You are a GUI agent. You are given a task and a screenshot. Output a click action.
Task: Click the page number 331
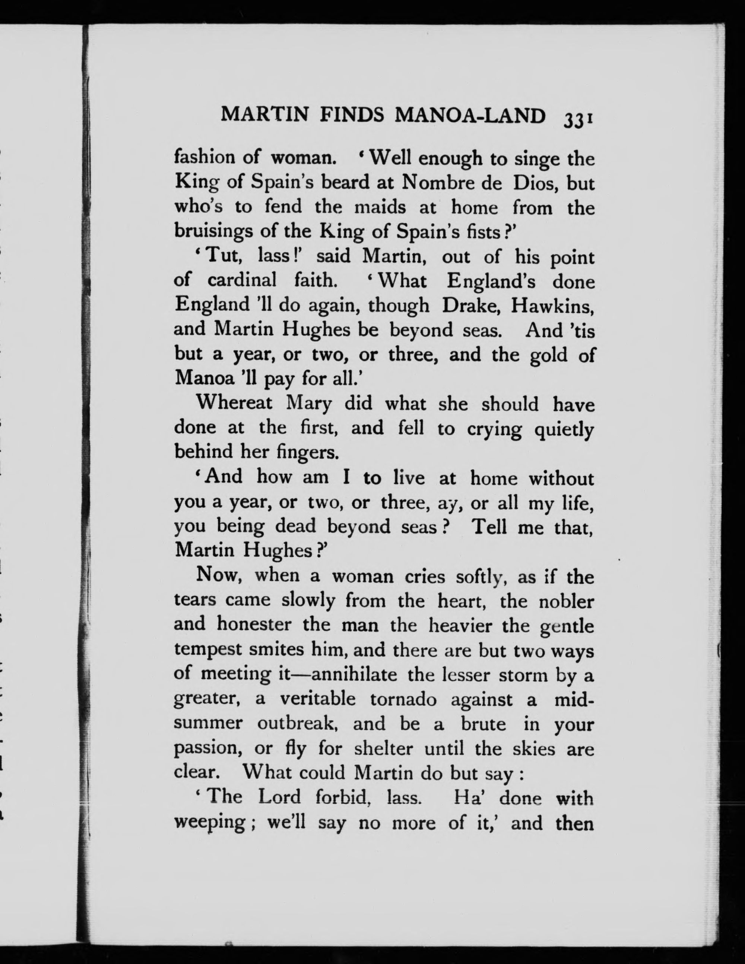(577, 120)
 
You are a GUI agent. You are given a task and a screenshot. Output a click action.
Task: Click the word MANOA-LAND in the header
(470, 116)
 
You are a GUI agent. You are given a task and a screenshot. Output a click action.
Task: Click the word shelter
(384, 748)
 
